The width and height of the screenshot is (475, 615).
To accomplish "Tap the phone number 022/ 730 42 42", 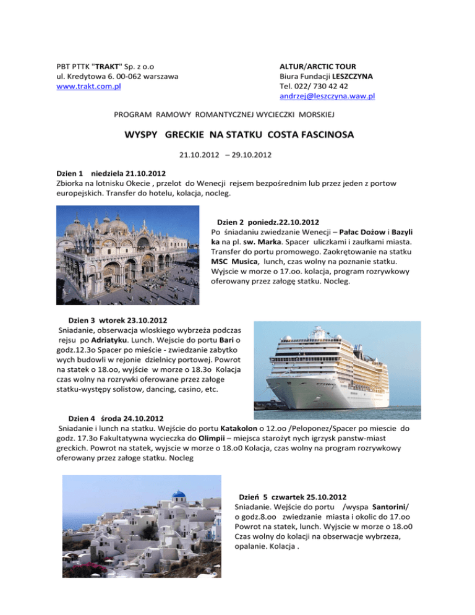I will (310, 86).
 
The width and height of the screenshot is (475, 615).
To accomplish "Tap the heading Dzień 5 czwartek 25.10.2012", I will (291, 497).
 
